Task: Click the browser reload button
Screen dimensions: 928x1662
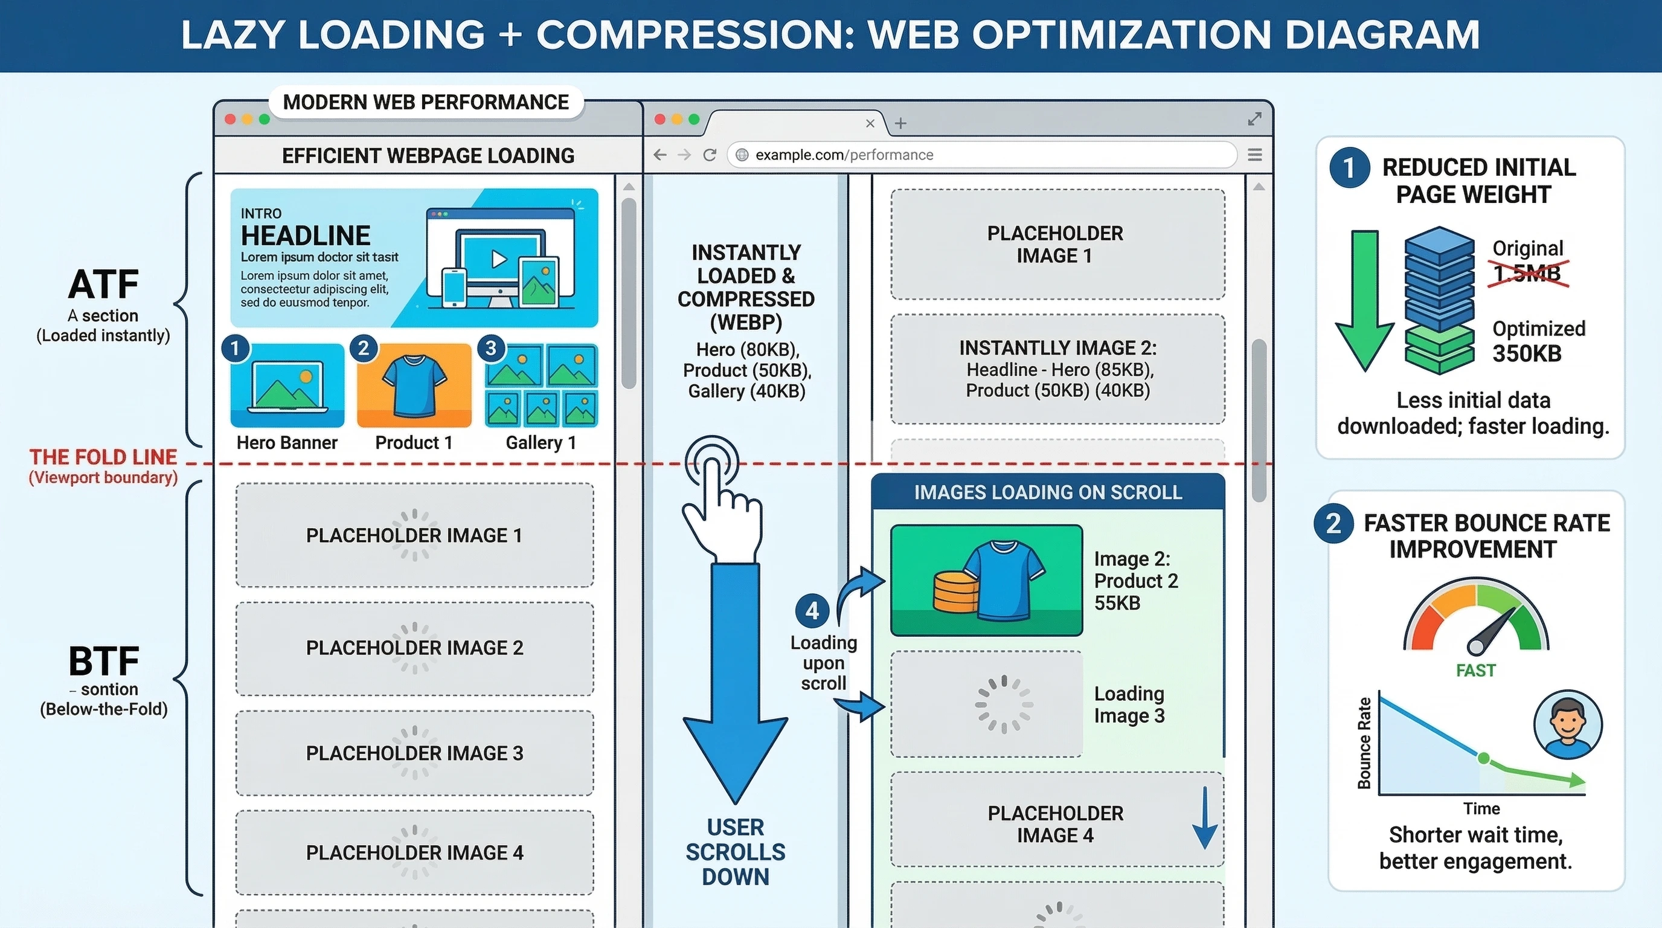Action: (x=710, y=155)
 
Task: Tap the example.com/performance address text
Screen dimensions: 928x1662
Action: (x=844, y=155)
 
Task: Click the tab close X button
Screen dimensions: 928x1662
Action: (x=870, y=123)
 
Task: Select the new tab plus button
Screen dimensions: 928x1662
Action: (x=900, y=123)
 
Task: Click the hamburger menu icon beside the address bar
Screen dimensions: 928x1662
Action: (x=1255, y=155)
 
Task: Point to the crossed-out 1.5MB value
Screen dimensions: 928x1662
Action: (x=1527, y=274)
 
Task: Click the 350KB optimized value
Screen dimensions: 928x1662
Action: (x=1527, y=353)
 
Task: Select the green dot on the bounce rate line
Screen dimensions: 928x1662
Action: (x=1484, y=758)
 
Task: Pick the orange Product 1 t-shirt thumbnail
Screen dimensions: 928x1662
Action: (x=414, y=385)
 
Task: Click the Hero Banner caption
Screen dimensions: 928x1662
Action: (x=287, y=443)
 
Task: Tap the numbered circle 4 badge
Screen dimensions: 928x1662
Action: (x=812, y=610)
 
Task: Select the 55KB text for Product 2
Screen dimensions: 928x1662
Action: (x=1117, y=604)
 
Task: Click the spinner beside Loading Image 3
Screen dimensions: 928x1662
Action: (x=1004, y=704)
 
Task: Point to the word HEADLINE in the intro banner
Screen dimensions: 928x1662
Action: (x=306, y=236)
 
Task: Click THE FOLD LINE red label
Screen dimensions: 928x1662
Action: (x=103, y=457)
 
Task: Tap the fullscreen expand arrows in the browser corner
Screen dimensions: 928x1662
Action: (x=1255, y=120)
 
